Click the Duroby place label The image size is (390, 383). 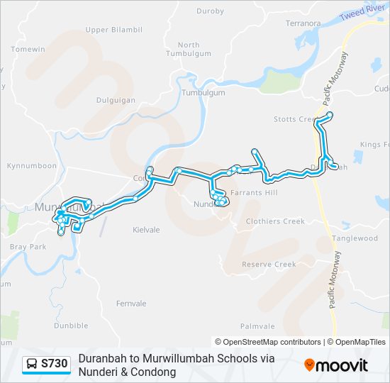point(210,11)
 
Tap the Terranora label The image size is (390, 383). point(283,23)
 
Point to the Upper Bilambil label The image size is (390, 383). point(113,30)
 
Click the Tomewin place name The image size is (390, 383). point(28,49)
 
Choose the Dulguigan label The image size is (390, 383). point(116,101)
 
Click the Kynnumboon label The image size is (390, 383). point(31,166)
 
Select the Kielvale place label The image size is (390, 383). point(146,230)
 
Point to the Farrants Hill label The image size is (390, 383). point(255,193)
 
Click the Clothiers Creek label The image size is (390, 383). point(274,221)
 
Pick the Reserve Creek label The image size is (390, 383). point(269,265)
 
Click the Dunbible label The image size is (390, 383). point(71,326)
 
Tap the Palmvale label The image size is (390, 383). point(257,326)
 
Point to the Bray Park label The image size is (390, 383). point(28,247)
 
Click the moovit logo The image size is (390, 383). point(336,365)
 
